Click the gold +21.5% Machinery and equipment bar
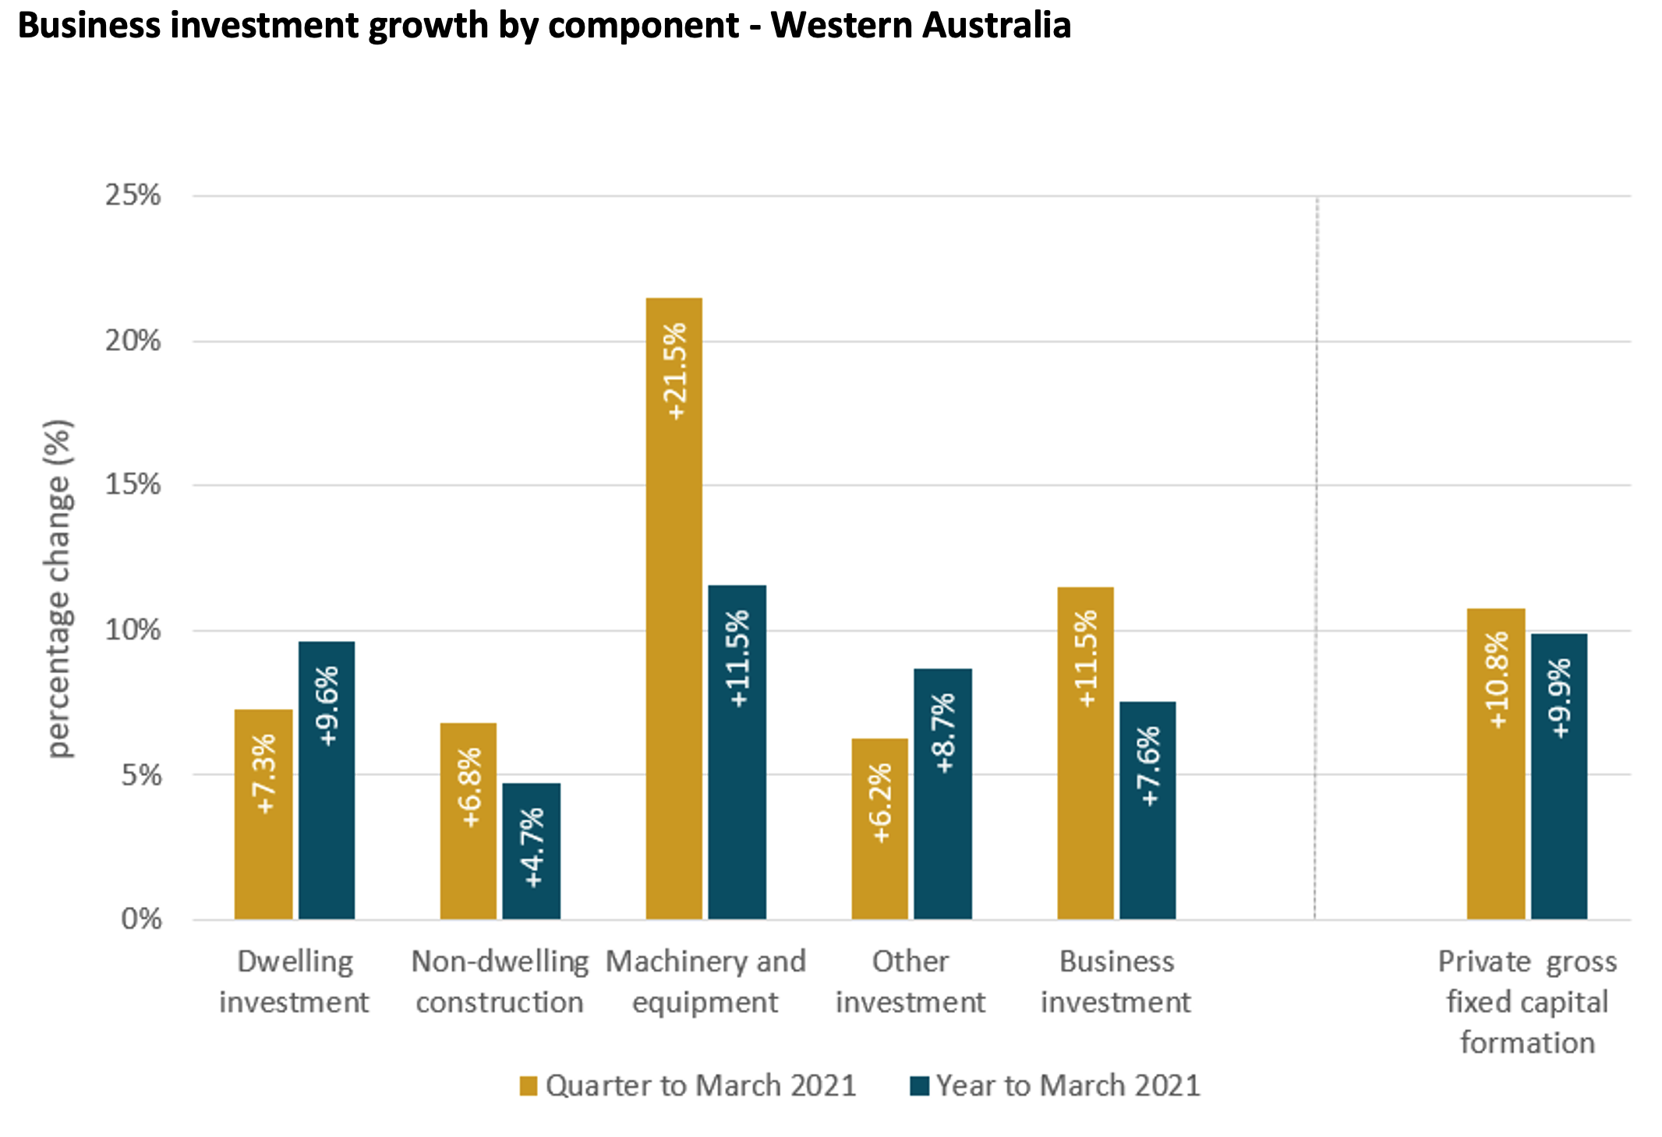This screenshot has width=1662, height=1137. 674,608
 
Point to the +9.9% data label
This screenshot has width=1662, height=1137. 1560,699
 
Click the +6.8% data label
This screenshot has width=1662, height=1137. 470,788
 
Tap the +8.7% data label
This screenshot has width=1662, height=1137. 943,733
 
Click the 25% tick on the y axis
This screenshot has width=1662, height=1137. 133,195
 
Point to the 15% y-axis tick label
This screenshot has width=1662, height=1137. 133,484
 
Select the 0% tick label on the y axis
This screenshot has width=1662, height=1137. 141,919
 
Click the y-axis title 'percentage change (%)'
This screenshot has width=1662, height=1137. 59,589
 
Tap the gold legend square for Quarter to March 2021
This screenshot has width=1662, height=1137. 529,1086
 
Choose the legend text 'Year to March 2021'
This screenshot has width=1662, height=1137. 1068,1086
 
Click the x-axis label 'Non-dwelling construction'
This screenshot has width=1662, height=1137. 500,982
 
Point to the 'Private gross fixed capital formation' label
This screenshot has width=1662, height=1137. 1527,1002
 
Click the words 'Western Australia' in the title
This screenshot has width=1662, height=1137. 920,25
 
